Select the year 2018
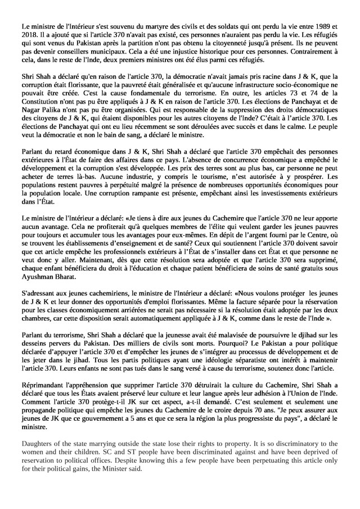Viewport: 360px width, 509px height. coord(29,35)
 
